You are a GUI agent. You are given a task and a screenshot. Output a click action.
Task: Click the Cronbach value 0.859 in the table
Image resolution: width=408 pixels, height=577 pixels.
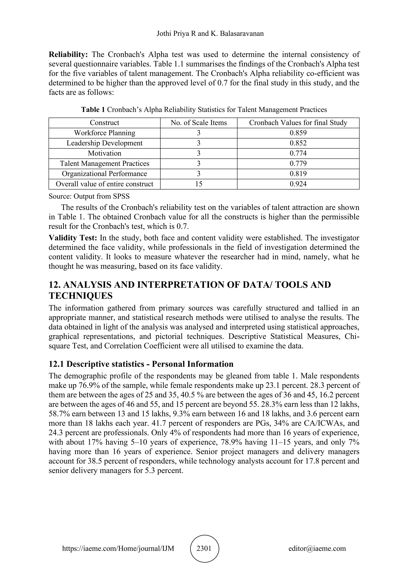point(298,133)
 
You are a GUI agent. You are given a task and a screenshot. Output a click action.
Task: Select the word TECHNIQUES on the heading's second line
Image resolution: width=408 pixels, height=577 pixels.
point(80,296)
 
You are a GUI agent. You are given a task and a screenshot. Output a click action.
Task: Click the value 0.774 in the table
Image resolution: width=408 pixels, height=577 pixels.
point(298,153)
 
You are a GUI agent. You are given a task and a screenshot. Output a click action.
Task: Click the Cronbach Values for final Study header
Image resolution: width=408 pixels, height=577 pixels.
point(298,123)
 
